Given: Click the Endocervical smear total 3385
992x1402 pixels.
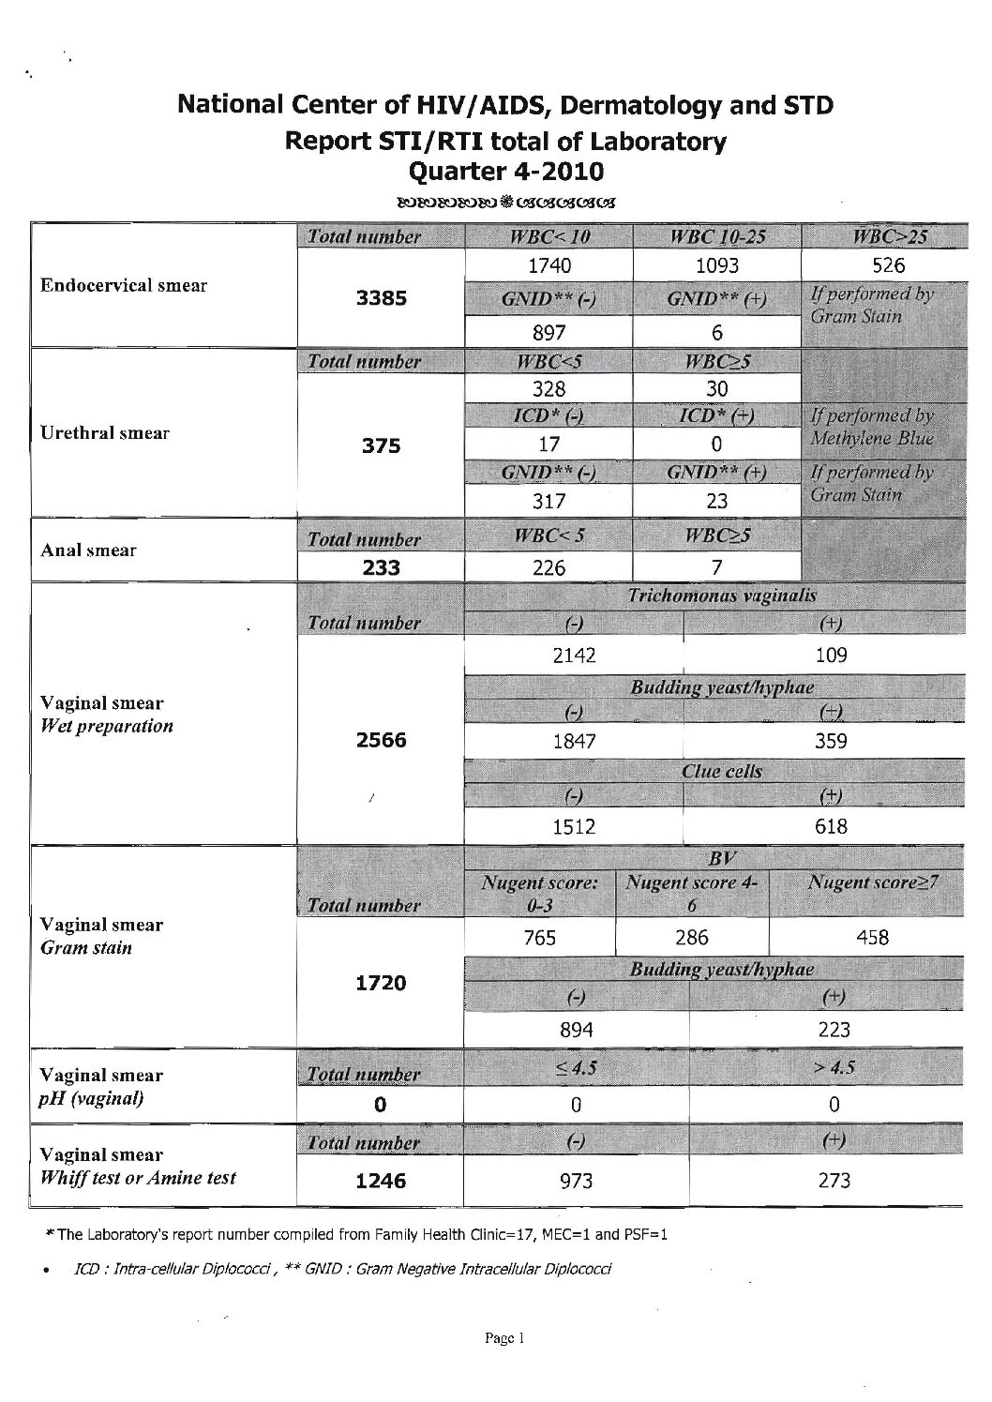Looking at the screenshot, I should (x=380, y=298).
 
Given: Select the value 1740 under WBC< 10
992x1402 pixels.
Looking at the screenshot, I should (x=549, y=265).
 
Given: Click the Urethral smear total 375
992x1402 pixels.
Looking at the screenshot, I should (x=381, y=446).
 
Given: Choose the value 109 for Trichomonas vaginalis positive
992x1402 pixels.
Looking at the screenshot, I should (x=832, y=656).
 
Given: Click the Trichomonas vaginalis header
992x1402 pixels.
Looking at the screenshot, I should (x=721, y=595).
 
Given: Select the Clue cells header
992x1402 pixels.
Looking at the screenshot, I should (x=721, y=772).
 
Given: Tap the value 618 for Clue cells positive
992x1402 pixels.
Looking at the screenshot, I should (x=832, y=826).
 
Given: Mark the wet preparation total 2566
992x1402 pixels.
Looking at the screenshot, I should (x=381, y=740).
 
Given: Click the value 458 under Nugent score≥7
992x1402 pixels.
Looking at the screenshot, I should (x=872, y=936).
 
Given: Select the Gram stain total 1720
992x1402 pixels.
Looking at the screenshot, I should (x=381, y=983).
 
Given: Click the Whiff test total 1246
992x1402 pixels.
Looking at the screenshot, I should (x=381, y=1182).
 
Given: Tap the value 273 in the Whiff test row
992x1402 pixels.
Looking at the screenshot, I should (x=834, y=1180).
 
